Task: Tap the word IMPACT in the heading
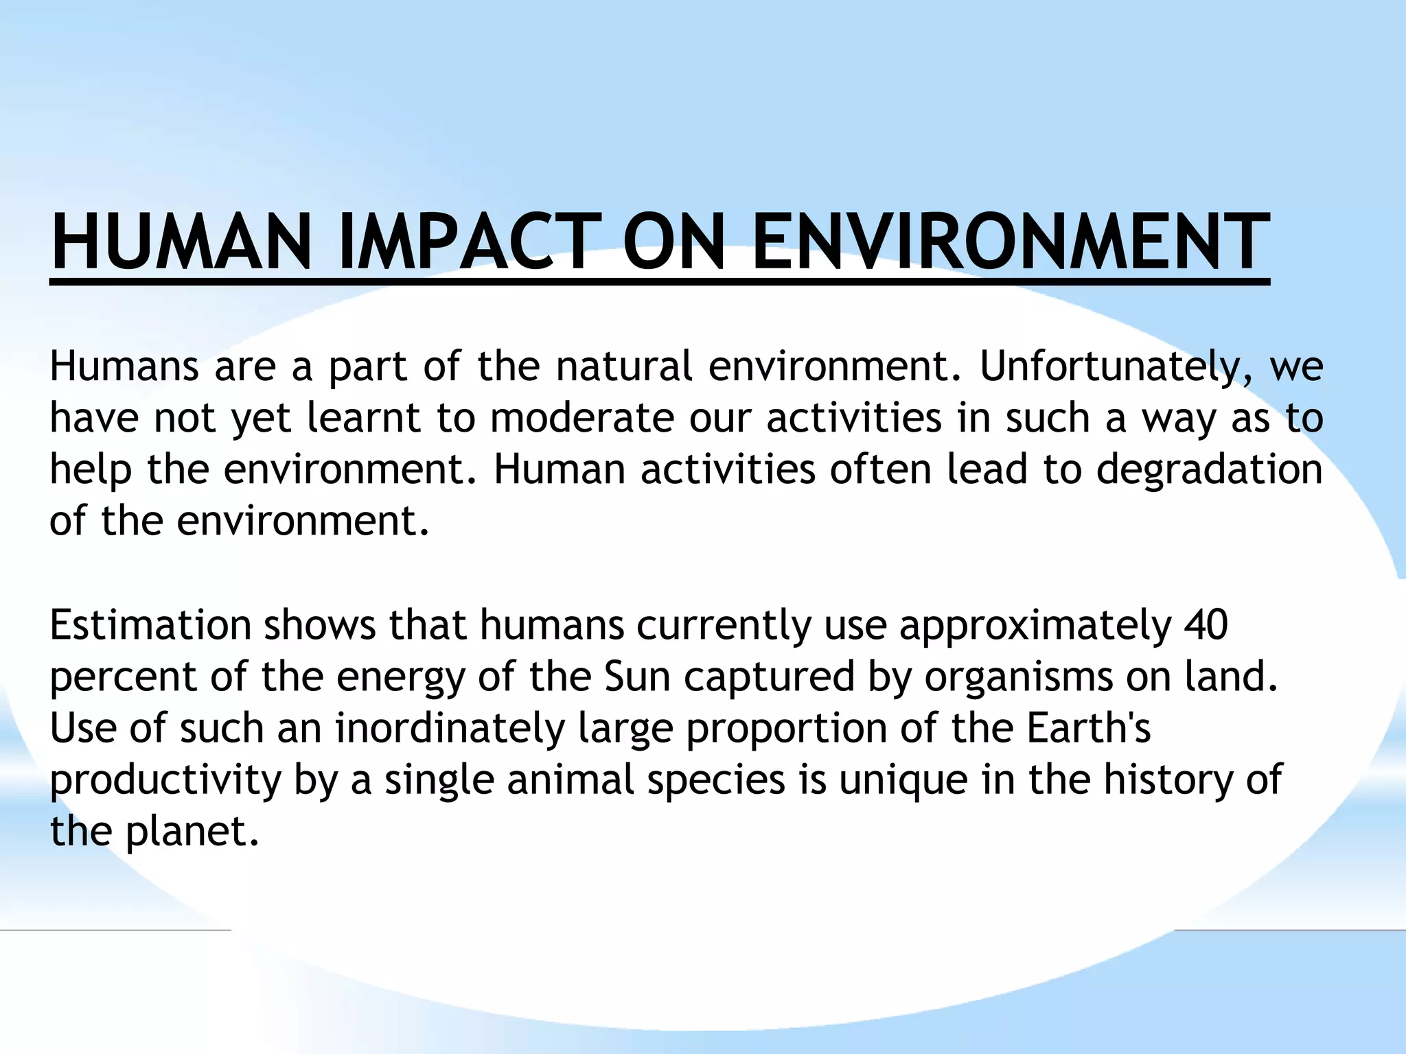tap(470, 242)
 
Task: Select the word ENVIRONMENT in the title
tap(1009, 242)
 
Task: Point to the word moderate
tap(582, 418)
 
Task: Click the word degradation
tap(1209, 470)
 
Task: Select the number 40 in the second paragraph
tap(1206, 625)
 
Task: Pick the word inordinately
tap(450, 728)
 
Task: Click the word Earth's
tap(1089, 728)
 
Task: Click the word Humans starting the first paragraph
tap(124, 367)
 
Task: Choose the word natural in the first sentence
tap(624, 367)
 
